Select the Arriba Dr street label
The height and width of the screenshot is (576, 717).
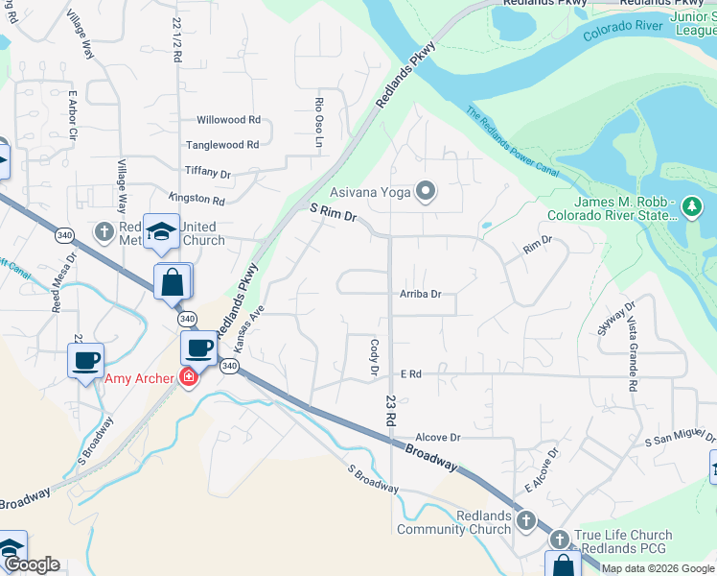point(421,295)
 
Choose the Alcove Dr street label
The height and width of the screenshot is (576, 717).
point(439,437)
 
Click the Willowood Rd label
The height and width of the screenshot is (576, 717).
point(228,120)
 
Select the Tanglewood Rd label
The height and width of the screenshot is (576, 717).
point(222,145)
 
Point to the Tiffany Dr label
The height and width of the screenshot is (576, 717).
point(208,174)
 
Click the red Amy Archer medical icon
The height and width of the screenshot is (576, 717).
point(189,377)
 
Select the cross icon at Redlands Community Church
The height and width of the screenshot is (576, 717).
point(525,521)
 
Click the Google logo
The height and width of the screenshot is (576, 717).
point(32,564)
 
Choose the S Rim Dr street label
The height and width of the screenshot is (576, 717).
point(333,212)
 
